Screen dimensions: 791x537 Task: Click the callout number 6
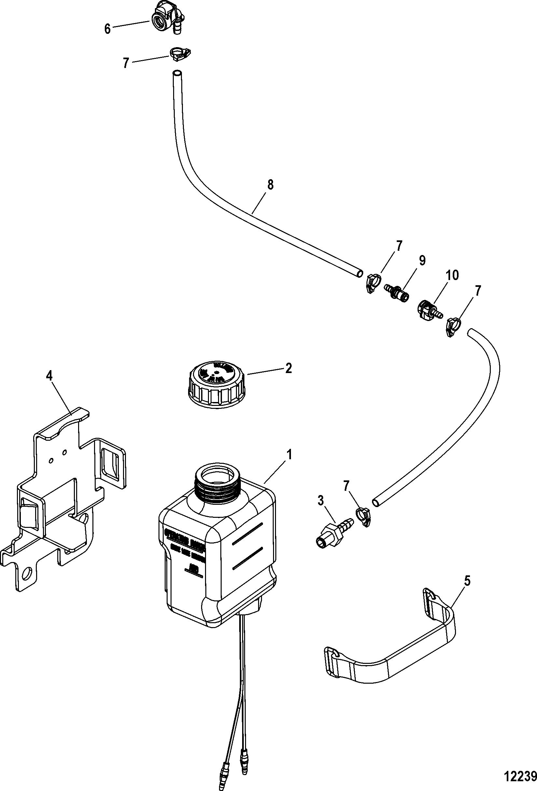coord(107,29)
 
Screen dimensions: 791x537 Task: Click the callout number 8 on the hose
coord(270,185)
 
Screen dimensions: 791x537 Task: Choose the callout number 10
coord(452,275)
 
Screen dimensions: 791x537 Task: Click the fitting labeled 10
coord(427,309)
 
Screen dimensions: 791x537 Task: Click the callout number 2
coord(288,369)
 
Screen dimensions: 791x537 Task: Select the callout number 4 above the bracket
coord(49,376)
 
